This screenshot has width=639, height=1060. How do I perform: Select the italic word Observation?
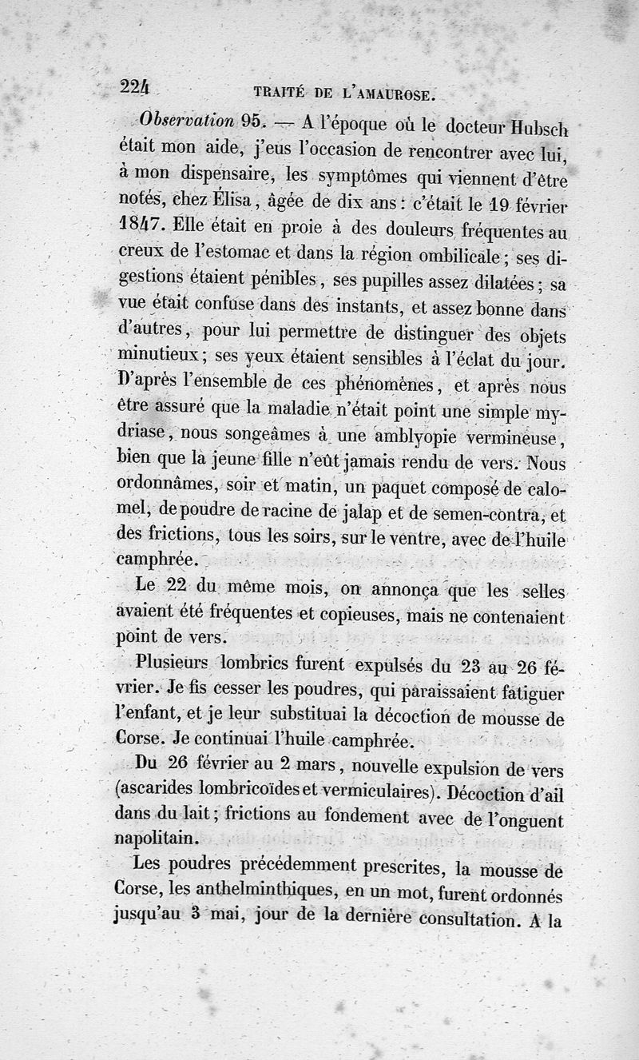click(x=185, y=122)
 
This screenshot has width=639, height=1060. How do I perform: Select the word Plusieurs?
click(x=173, y=663)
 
